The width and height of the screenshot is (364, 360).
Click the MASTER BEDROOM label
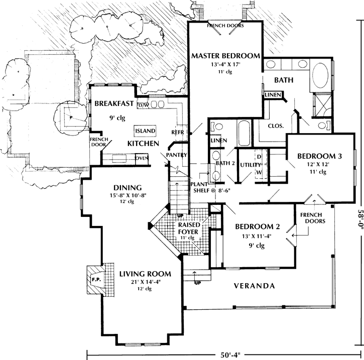(225, 55)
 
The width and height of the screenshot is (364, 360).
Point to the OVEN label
(142, 159)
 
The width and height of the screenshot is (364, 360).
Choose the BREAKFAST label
(113, 104)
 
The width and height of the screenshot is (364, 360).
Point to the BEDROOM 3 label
(319, 156)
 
